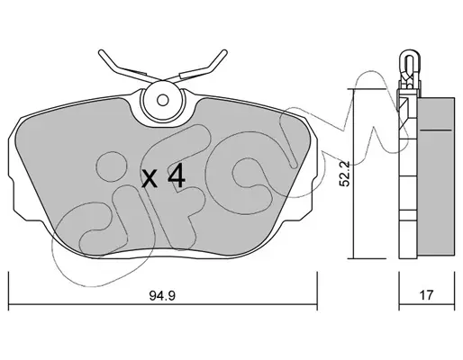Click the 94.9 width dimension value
162,296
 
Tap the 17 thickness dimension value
426,295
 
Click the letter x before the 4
150,178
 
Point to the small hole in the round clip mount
163,100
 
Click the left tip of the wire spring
101,51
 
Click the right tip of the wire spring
224,51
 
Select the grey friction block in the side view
436,177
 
